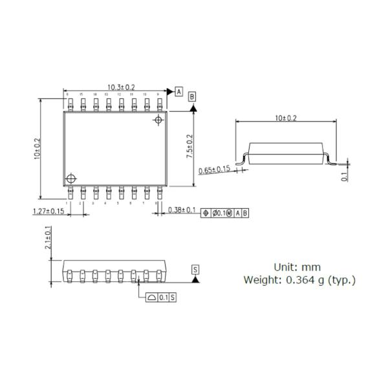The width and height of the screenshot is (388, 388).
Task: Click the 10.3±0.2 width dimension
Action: point(121,87)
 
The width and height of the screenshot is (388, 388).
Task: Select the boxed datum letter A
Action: point(178,92)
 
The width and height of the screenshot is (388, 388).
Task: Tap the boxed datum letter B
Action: point(193,97)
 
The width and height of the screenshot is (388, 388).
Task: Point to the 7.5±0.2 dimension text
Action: point(189,148)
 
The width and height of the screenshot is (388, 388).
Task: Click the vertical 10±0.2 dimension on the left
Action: point(38,149)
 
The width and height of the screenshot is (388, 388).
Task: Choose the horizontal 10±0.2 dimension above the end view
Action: point(285,118)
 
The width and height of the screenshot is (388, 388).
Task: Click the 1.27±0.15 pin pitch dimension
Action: point(48,211)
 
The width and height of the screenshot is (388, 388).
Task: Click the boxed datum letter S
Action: point(195,268)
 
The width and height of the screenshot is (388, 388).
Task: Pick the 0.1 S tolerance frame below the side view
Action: point(159,297)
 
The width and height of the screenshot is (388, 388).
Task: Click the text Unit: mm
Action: point(297,266)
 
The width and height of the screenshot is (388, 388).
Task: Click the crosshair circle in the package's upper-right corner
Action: point(158,121)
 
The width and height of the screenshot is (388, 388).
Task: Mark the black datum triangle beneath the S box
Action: point(195,279)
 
